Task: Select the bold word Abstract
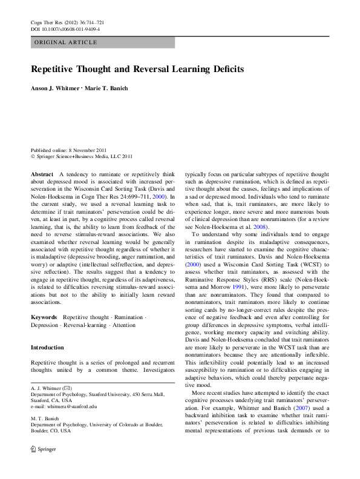42,174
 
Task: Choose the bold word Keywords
44,317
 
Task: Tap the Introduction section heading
47,348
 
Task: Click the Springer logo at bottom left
40,467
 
